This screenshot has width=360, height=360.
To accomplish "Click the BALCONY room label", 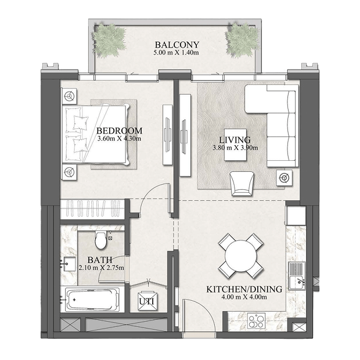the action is pos(177,45).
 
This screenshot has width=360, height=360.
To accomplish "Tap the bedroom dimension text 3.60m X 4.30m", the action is pos(119,138).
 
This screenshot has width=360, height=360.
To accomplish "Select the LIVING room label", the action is pos(235,139).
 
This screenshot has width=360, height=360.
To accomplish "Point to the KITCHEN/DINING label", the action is pos(244,289).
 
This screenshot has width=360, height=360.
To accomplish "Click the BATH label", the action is pos(100,260).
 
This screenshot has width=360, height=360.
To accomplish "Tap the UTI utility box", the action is pos(147,301).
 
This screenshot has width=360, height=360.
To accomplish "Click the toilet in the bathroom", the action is pos(101,240).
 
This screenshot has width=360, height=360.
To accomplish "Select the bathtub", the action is pos(92,300).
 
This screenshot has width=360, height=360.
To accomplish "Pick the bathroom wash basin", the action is pos(69,264).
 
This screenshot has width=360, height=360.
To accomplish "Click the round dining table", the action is pos(241,255).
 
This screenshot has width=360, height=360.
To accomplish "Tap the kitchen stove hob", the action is pos(257,321).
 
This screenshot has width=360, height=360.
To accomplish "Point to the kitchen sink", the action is pos(297,276).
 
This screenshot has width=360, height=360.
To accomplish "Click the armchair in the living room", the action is pos(242,183).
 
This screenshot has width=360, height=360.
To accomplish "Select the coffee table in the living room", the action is pos(236,145).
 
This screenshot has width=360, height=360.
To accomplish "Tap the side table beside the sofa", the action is pos(285,178).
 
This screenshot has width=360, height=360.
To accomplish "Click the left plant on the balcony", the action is pos(109,41).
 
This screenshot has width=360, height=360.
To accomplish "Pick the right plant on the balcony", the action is pos(242,41).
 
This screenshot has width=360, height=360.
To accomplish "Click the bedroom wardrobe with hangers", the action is pos(92,208).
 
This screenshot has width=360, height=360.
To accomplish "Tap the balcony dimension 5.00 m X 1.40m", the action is pos(176,53).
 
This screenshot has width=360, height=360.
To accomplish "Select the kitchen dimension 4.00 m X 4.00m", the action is pos(244,297).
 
